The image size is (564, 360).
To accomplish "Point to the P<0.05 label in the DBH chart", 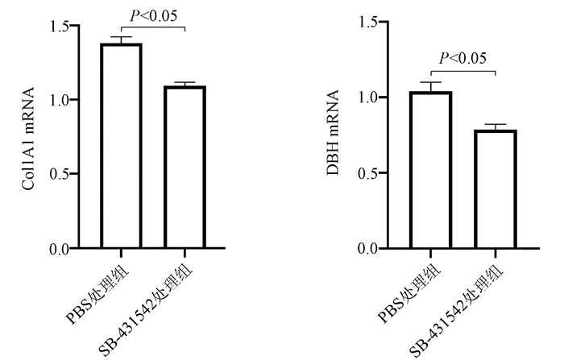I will [x=462, y=58].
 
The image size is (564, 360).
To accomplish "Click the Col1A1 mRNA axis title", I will [x=31, y=136].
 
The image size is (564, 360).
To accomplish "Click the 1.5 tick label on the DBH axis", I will [x=370, y=22].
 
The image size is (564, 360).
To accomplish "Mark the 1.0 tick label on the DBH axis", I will [x=370, y=97].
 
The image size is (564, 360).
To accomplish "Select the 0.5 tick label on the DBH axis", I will [x=370, y=173].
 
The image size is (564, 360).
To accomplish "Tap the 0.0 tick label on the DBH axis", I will [x=370, y=249].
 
